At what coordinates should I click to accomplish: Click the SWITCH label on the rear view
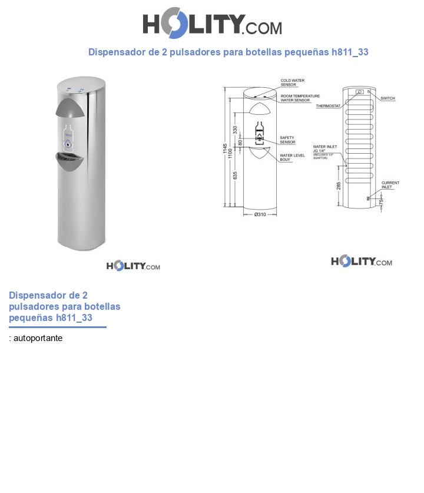point(387,98)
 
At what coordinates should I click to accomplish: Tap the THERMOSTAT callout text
point(328,106)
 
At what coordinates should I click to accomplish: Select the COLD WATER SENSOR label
point(292,82)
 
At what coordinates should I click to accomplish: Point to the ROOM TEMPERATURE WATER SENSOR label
point(300,98)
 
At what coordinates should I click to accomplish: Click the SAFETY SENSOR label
point(287,140)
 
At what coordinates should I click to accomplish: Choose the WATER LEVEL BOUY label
point(292,157)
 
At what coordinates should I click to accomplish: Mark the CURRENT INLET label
point(390,185)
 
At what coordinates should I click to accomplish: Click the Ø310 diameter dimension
point(260,214)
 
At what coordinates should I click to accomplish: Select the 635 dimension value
point(236,176)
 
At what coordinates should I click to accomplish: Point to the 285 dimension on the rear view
point(339,186)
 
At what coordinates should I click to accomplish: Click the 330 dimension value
point(236,130)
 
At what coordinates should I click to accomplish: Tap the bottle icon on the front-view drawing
point(259,131)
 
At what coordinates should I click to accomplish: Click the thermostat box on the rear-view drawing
point(359,92)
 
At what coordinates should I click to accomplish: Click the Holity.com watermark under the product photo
point(133,266)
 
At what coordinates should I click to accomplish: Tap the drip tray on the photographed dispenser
point(73,160)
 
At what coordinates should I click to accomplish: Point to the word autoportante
point(38,338)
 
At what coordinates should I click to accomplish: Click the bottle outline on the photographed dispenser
point(69,137)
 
